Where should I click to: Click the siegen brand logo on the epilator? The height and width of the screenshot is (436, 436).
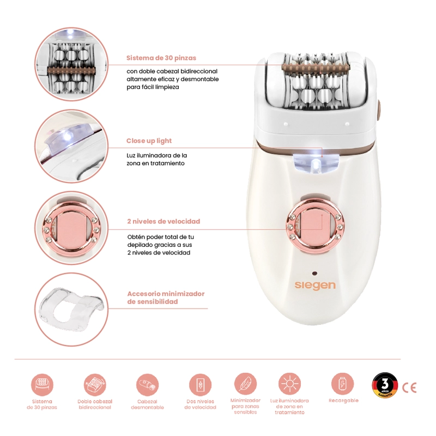click(315, 286)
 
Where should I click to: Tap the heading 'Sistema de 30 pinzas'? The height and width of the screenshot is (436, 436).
click(161, 58)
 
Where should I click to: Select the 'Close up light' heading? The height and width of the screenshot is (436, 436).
click(149, 141)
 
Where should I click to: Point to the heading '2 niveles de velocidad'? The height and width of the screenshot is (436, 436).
click(163, 221)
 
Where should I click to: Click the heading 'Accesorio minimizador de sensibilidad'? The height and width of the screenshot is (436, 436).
click(166, 298)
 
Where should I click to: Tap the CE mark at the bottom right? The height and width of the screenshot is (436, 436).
click(409, 387)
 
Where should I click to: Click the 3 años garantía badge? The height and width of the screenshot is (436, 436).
click(385, 385)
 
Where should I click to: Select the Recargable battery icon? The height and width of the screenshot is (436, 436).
click(343, 384)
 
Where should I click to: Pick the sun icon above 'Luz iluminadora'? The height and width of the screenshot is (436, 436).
click(289, 384)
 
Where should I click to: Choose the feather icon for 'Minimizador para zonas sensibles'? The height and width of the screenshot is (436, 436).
click(245, 384)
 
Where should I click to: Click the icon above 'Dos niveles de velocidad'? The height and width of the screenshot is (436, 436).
click(200, 385)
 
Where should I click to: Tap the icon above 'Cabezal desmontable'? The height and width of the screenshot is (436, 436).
click(147, 385)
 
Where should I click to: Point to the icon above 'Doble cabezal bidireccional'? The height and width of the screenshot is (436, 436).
click(95, 385)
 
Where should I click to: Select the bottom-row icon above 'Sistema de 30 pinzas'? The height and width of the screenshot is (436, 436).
click(42, 385)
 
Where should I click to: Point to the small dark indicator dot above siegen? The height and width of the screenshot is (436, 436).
click(315, 274)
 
